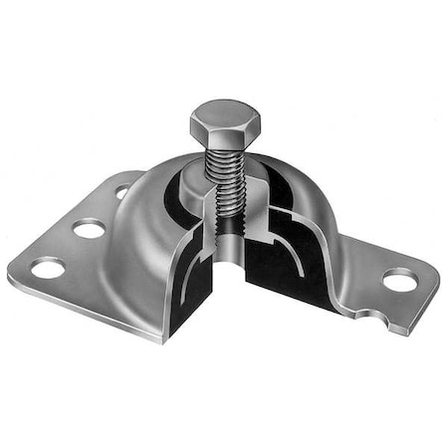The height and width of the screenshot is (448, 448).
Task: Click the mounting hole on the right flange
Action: [x=399, y=281]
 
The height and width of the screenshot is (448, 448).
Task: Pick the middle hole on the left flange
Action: [x=89, y=229]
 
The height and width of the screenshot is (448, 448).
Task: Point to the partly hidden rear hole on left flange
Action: [x=121, y=192]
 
